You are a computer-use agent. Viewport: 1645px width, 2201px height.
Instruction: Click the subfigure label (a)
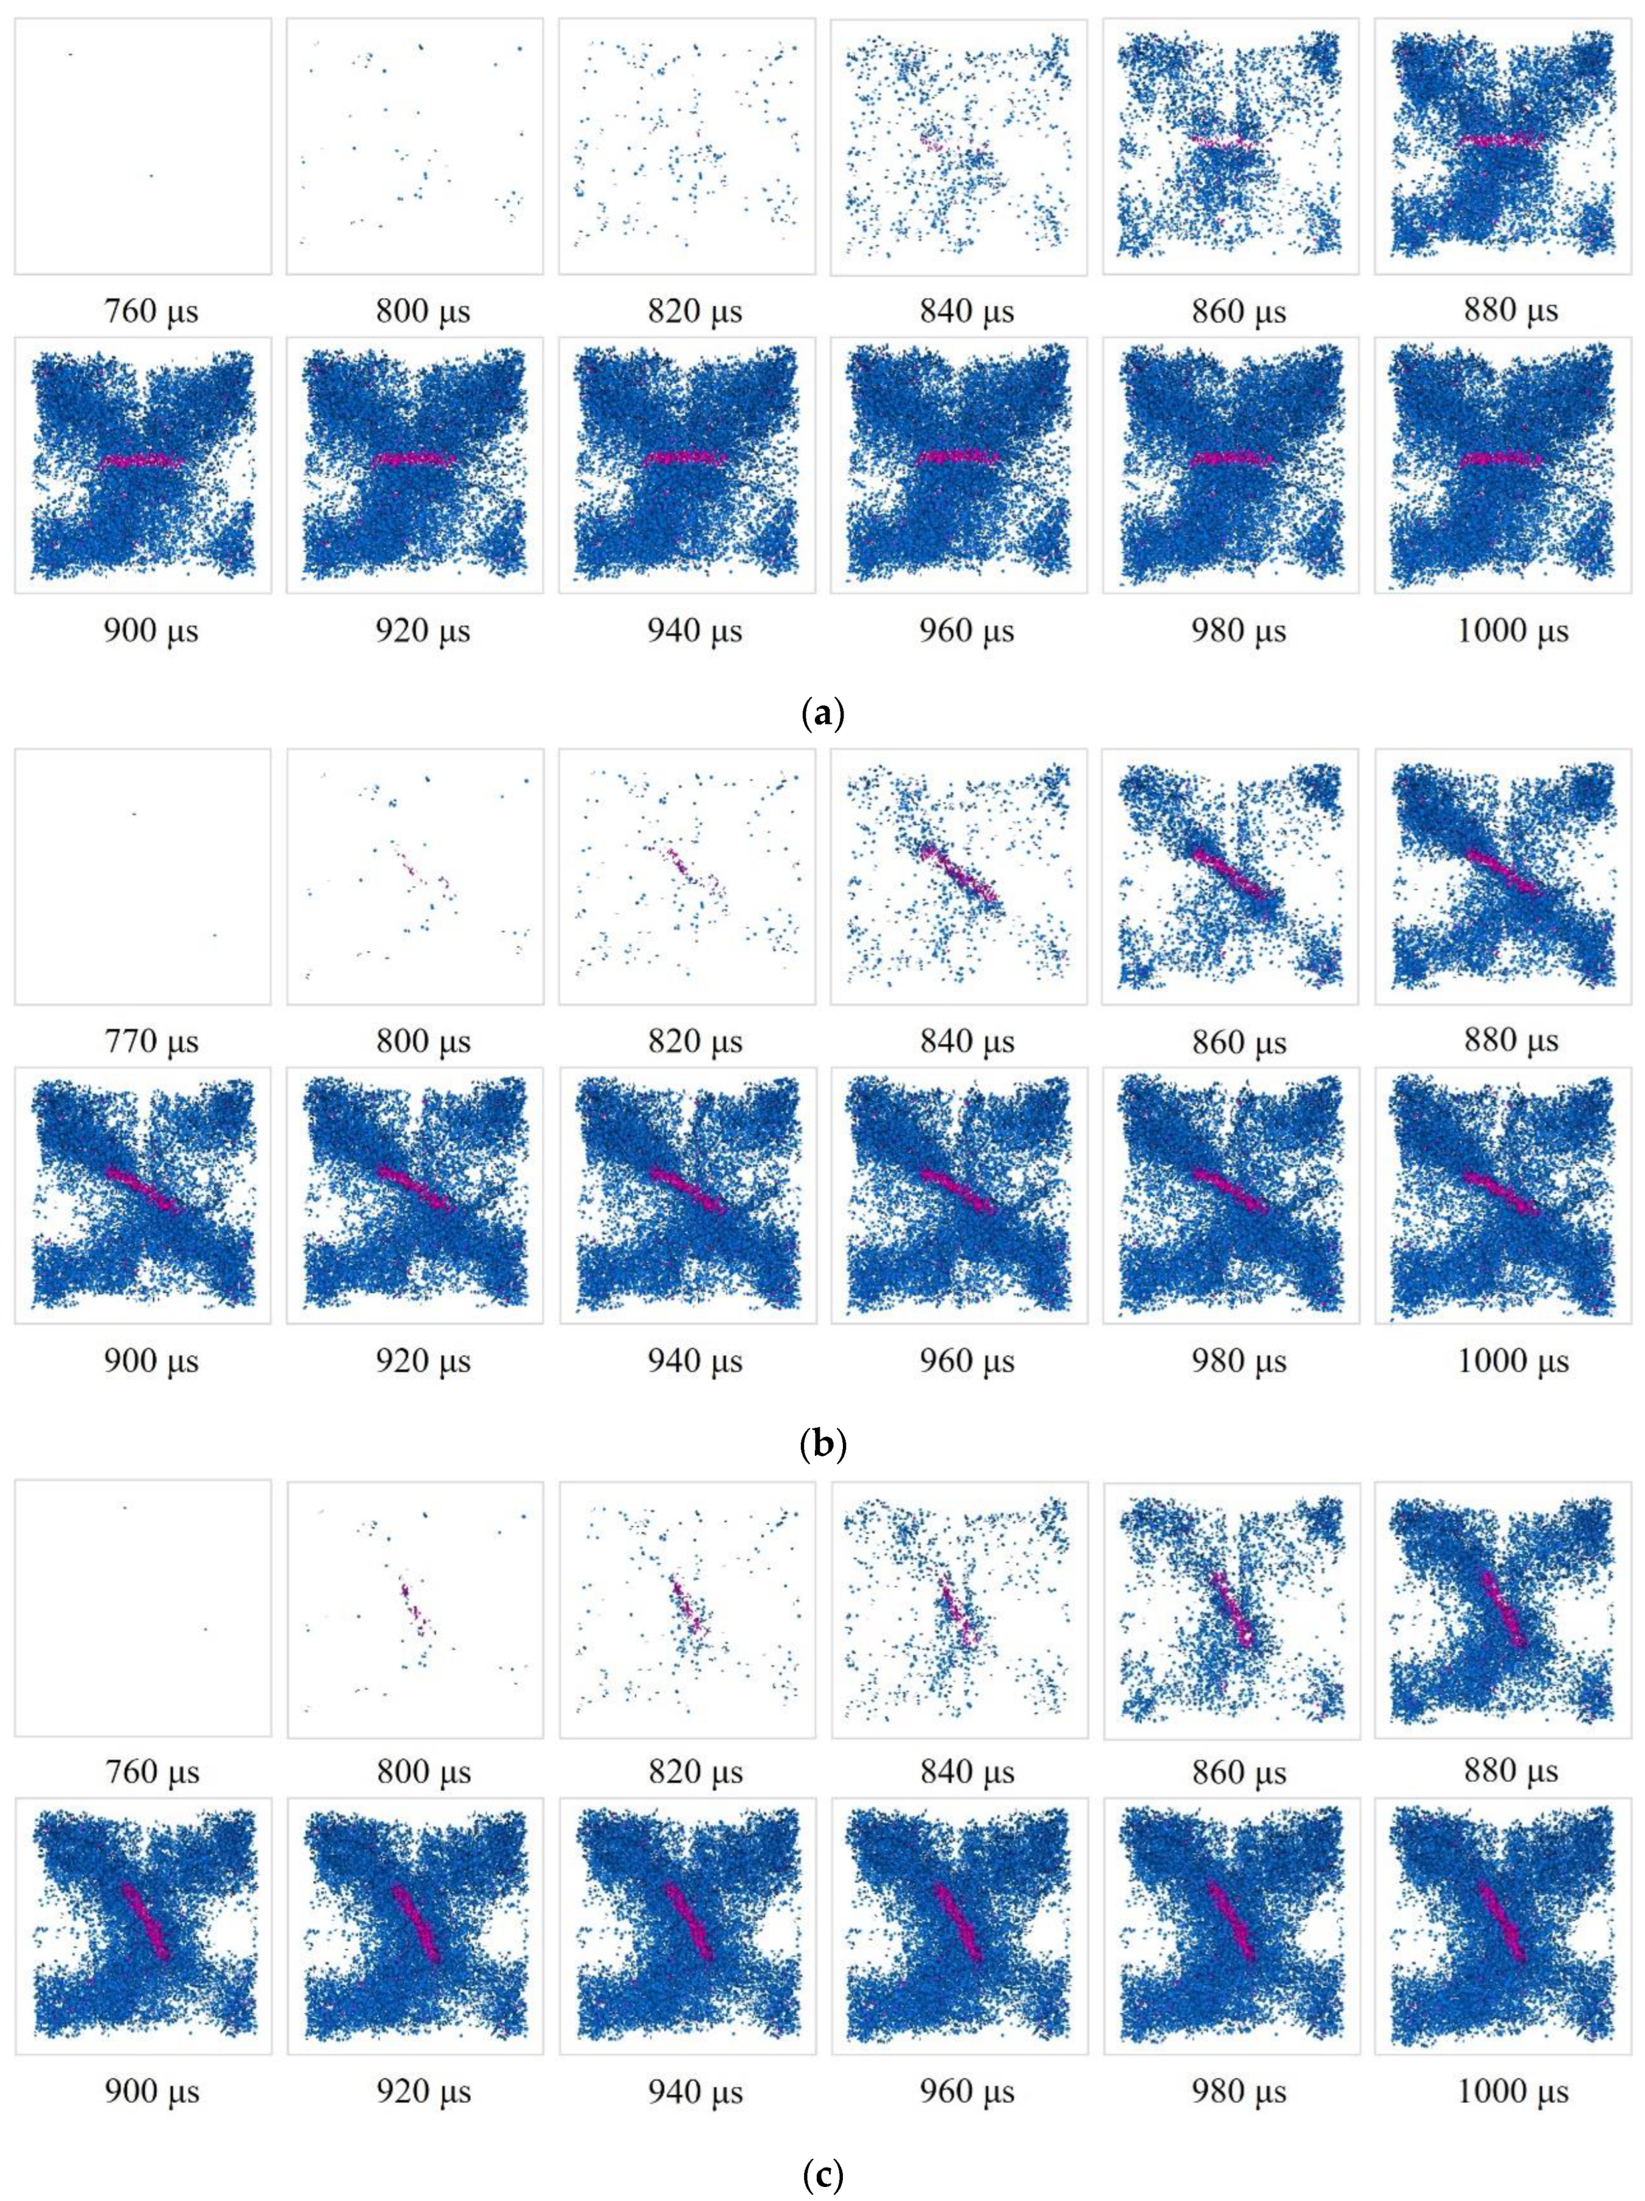822,715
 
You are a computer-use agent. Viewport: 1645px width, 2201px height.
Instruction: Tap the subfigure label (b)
822,1443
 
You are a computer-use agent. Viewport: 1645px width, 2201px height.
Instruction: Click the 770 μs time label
151,1042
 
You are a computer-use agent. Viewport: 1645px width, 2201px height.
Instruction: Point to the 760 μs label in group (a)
151,311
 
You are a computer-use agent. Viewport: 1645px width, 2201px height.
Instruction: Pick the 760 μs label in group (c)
151,1772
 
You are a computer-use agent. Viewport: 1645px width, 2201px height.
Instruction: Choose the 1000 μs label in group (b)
1513,1361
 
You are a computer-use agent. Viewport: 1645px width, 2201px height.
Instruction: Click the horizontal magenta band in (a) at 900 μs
142,461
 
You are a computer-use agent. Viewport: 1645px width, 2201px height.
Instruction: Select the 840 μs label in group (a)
967,311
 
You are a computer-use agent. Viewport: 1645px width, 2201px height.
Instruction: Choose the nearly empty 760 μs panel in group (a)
142,146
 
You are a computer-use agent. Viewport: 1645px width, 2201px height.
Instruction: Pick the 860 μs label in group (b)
1239,1042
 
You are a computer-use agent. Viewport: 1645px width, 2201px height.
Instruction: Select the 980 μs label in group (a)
1239,631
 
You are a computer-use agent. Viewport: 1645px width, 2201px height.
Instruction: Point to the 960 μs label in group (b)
967,1361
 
